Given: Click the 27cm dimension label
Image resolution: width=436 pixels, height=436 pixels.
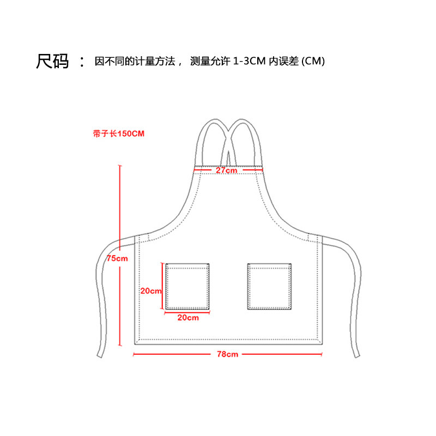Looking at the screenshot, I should pos(226,170).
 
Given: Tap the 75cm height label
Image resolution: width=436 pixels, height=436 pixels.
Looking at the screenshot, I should pos(117,258).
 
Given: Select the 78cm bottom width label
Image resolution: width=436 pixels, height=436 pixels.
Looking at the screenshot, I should pos(227,354).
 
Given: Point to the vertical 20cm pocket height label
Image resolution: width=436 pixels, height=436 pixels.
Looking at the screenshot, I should pos(151,291).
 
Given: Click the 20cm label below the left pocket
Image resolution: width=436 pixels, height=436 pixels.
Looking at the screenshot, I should pos(188,317).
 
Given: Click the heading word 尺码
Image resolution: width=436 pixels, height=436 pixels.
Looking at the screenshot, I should pos(52,61).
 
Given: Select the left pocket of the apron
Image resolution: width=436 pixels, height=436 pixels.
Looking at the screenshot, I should pos(188,286).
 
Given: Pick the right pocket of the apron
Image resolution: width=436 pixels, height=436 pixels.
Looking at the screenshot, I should pos(270,286).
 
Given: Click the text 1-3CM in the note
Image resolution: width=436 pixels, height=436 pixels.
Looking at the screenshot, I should pos(249,62).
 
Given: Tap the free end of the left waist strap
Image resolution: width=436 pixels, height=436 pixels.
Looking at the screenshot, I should pos(100,355).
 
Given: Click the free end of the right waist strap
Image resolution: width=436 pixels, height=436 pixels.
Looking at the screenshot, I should pos(356,355).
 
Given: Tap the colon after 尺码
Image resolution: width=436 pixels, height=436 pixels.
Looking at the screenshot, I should pos(82,62).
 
